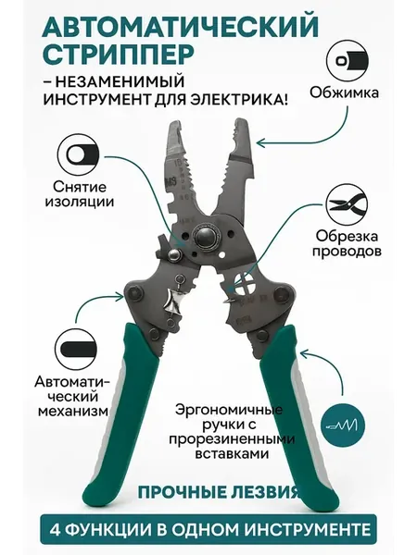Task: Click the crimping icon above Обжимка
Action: tap(347, 61)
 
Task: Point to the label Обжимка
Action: tap(345, 92)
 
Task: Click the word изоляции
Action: tap(79, 203)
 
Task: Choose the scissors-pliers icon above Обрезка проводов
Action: tap(347, 205)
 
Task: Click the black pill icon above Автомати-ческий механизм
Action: tap(76, 350)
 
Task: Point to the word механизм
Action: tap(73, 411)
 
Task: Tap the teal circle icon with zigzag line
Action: tap(342, 425)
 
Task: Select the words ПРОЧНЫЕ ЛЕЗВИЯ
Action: tap(217, 492)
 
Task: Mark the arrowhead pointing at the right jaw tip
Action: tap(261, 143)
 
